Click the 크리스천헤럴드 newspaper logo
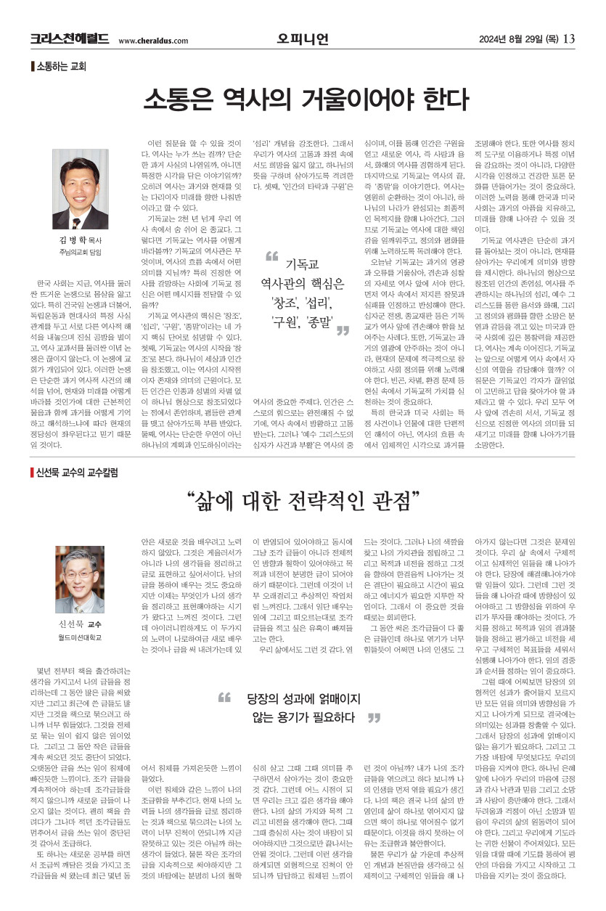[70, 38]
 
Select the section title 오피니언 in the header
[302, 38]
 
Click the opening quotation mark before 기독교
[272, 256]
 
